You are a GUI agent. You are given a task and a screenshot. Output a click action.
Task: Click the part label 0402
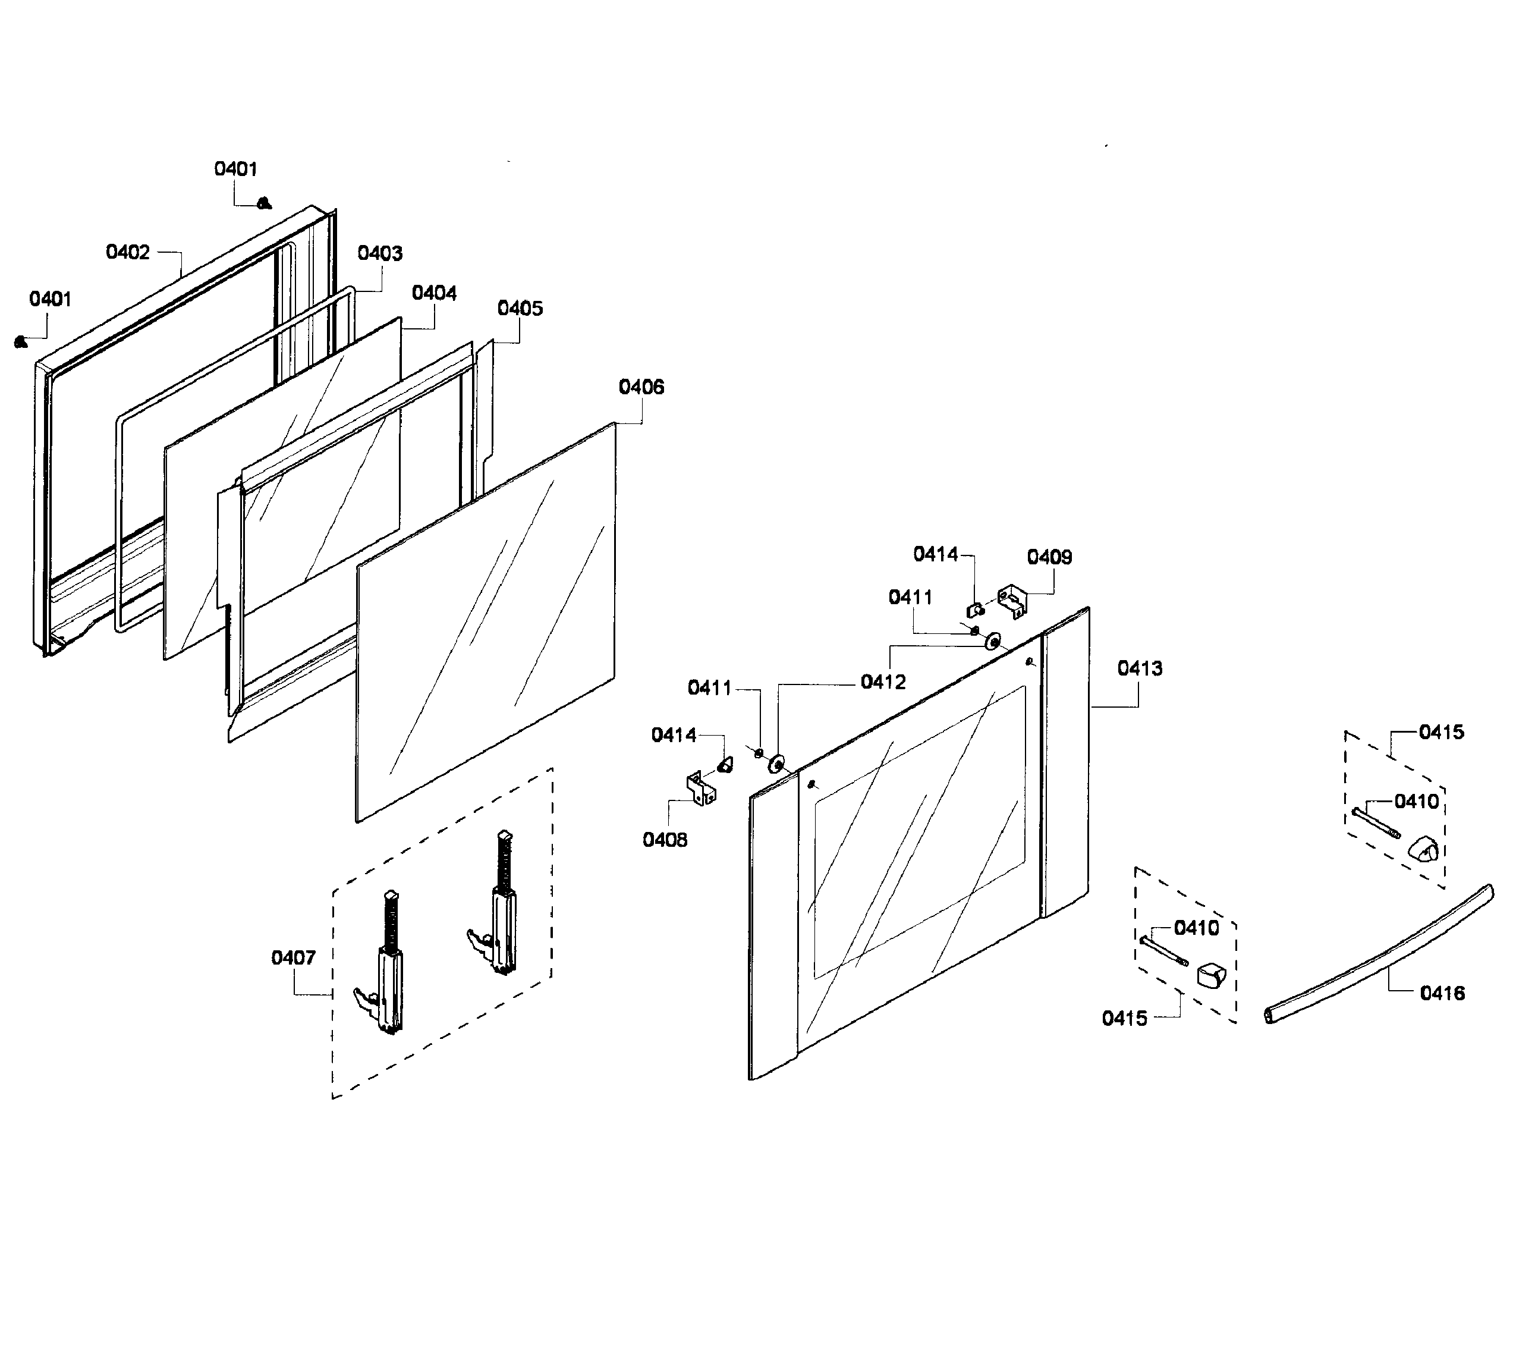pos(127,252)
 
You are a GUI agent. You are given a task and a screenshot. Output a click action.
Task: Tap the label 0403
pos(379,253)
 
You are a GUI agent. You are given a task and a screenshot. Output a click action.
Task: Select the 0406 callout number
pos(641,387)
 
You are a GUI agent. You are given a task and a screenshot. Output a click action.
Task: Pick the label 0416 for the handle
pos(1442,993)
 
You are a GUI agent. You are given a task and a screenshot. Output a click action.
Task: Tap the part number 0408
pos(664,840)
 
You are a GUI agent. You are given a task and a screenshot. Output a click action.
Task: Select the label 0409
pos(1049,557)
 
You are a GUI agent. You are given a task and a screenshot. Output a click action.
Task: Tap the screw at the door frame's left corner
pos(21,343)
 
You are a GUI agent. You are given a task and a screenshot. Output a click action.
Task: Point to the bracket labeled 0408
pos(701,789)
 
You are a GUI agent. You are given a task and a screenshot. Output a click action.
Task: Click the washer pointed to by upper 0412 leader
pos(993,642)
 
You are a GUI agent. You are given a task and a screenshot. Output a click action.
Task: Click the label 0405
pos(520,309)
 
